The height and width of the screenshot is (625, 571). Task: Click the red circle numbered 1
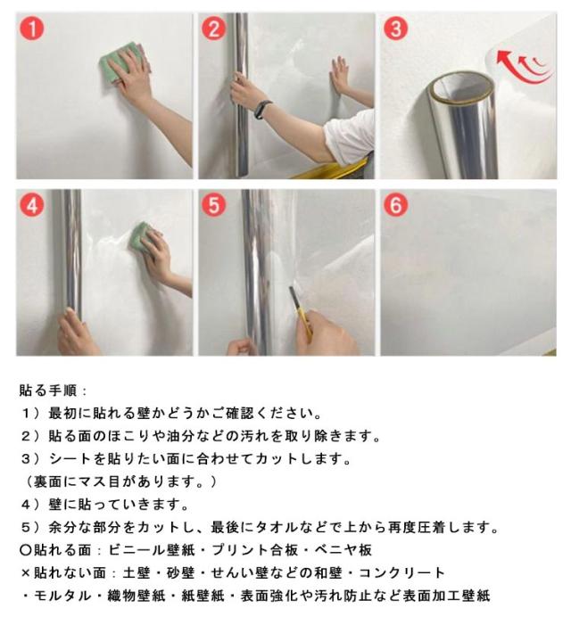31,29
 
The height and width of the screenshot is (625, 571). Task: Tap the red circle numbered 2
214,29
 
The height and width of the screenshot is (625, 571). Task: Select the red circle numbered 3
395,29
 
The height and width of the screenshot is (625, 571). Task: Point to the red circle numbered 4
31,205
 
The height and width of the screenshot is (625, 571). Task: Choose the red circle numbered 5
214,205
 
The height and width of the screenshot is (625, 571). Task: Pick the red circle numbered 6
395,205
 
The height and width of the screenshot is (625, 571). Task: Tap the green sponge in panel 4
139,237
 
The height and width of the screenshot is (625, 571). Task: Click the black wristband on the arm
263,109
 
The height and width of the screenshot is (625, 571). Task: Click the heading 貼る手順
48,391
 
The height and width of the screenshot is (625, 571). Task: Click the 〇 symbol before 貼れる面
26,550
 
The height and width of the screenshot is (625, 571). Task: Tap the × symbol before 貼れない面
26,573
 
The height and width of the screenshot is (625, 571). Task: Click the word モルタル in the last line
63,596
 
